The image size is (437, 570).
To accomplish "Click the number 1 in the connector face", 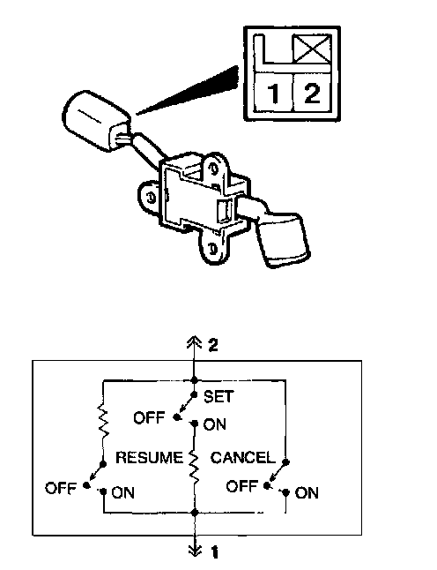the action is (274, 93).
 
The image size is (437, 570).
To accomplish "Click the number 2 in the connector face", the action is (311, 93).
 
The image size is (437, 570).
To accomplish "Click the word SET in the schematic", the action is (218, 396).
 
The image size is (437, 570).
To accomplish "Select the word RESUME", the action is (149, 457).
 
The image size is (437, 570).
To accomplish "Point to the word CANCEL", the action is (243, 457).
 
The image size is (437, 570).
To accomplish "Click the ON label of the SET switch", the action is (214, 424).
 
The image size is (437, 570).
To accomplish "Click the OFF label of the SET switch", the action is (149, 417).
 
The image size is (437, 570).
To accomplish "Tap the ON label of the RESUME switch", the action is (122, 492).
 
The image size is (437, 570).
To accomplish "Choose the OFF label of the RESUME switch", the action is (61, 487).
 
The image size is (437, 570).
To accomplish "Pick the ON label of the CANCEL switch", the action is (307, 493).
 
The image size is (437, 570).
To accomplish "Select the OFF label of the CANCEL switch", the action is (242, 485).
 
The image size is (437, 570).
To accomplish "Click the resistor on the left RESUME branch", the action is (103, 421).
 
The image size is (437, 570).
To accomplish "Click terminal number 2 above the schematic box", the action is (213, 345).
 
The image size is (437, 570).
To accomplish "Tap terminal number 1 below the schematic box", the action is (215, 552).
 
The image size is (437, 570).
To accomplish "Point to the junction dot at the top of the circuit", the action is (195, 380).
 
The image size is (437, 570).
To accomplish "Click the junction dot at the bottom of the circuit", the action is (195, 512).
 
